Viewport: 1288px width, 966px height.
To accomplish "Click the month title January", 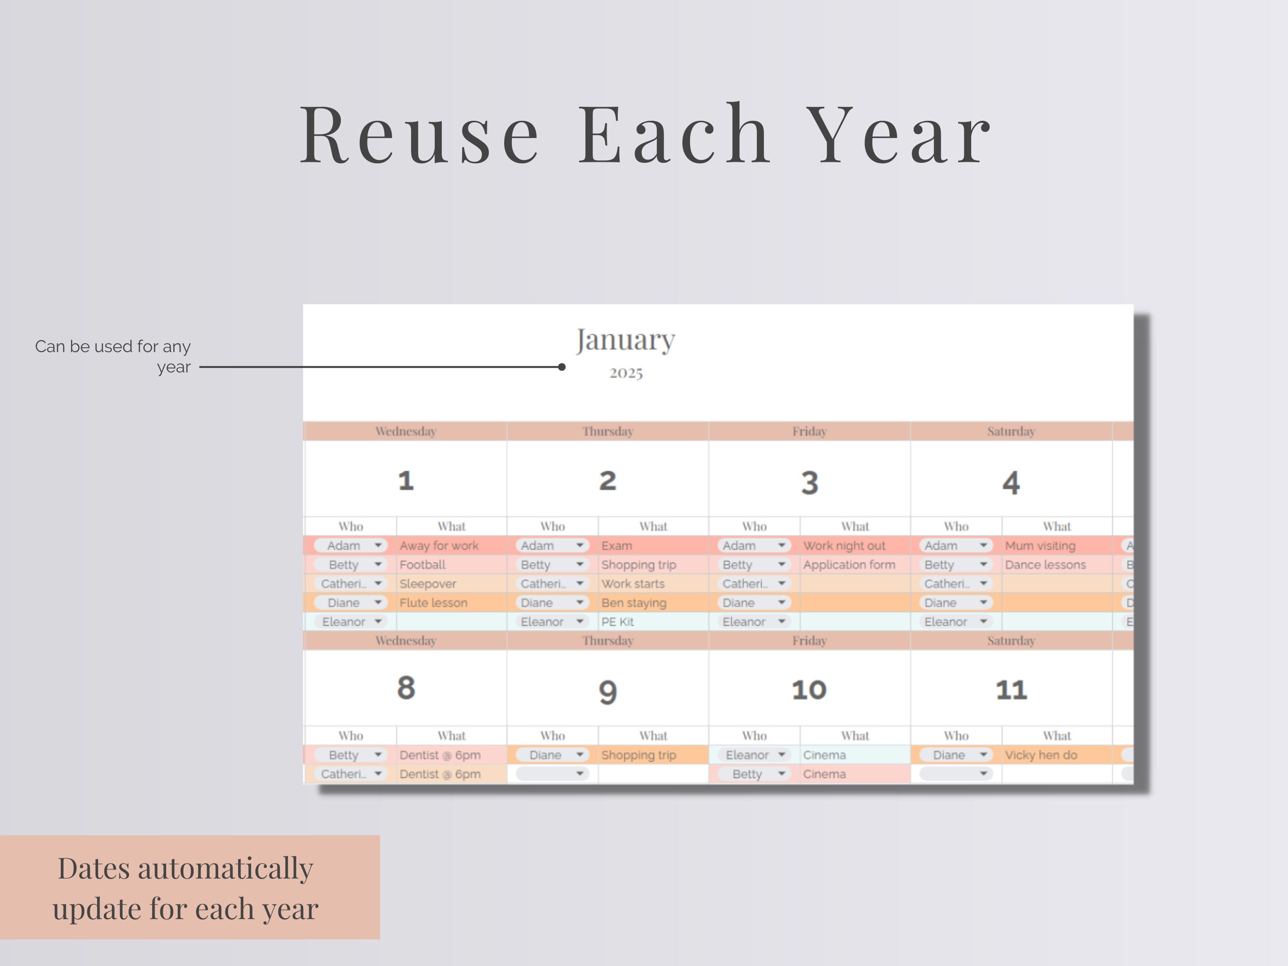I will [x=625, y=340].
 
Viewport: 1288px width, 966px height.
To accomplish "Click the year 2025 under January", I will [x=626, y=373].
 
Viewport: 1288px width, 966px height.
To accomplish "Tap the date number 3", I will [x=809, y=482].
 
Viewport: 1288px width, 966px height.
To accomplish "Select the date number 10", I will [x=809, y=690].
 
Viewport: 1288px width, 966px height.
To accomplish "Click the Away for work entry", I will [x=439, y=546].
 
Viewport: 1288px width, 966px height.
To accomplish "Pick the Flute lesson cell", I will [x=433, y=603].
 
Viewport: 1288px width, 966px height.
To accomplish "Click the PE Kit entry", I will [x=617, y=622].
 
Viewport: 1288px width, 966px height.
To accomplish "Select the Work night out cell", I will [x=844, y=546].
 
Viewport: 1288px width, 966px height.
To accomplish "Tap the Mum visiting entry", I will [x=1040, y=546].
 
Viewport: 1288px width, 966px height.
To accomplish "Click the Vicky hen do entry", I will [x=1041, y=755].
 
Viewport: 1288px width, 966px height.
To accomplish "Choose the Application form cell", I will [x=849, y=565].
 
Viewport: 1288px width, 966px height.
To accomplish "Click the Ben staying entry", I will [x=634, y=603].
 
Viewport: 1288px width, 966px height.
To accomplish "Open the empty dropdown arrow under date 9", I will [x=580, y=774].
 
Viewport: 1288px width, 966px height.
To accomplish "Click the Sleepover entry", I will [x=427, y=583].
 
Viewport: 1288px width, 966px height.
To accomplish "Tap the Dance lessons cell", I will [x=1045, y=565].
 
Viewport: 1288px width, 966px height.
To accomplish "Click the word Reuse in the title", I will [x=419, y=135].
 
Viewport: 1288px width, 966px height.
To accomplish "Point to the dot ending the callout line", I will [x=561, y=367].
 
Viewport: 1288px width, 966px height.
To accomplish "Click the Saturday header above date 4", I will [x=1011, y=431].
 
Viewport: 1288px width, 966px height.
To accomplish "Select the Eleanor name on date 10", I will [x=747, y=755].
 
